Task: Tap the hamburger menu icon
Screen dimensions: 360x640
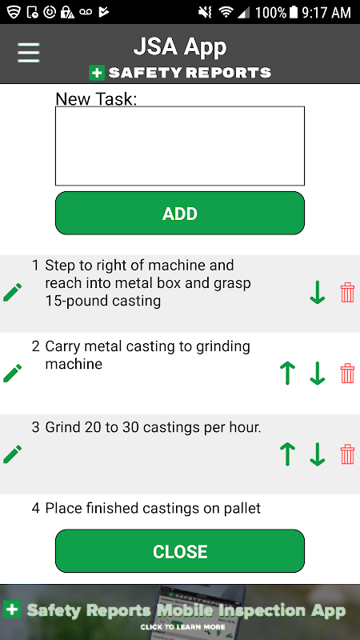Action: click(x=29, y=53)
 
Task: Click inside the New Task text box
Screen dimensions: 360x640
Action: click(x=179, y=146)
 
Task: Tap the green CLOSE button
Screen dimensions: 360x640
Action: click(x=179, y=551)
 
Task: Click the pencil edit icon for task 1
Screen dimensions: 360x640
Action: click(x=12, y=292)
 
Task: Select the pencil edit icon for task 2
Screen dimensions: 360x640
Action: click(x=12, y=373)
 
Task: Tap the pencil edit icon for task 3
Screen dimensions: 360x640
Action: click(x=12, y=454)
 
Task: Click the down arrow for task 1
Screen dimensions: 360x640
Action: click(x=317, y=292)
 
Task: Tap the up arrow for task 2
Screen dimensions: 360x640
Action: click(x=287, y=373)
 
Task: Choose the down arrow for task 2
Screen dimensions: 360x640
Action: click(x=317, y=373)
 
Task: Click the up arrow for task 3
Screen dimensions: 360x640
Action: click(x=287, y=454)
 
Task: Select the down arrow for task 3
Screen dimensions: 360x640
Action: click(x=317, y=454)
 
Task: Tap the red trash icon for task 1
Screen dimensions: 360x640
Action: click(x=347, y=292)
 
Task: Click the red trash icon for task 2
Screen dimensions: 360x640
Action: click(x=347, y=373)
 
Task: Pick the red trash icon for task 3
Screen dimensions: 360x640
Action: click(x=347, y=454)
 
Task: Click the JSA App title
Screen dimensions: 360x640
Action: click(x=179, y=48)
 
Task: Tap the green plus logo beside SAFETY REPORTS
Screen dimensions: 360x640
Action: click(x=97, y=73)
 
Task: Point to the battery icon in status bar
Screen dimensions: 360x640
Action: click(x=294, y=12)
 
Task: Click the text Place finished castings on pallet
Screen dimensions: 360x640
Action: click(x=153, y=508)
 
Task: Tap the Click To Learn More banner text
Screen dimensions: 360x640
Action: click(x=182, y=627)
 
